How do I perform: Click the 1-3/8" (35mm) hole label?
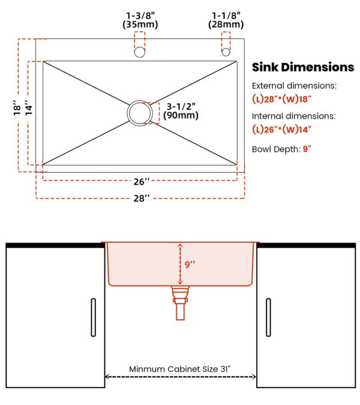pos(140,20)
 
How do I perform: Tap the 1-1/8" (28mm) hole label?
pos(226,20)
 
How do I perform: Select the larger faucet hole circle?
pos(140,52)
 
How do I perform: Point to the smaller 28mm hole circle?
pos(226,52)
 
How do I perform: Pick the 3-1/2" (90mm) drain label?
pos(181,111)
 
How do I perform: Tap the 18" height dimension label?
pos(17,108)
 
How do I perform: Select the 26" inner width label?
pos(142,182)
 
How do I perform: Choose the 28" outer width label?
pos(142,199)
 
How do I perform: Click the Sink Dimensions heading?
pos(303,67)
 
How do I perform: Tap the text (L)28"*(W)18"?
pos(282,99)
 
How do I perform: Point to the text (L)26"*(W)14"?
pos(282,130)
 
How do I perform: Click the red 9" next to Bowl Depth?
pos(307,149)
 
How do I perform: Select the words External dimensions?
pos(295,86)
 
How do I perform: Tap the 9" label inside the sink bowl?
pos(190,265)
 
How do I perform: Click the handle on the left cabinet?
pos(94,317)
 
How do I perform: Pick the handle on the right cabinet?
pos(268,317)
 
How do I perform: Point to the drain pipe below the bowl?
pos(180,303)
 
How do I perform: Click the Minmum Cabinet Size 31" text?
pos(179,369)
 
